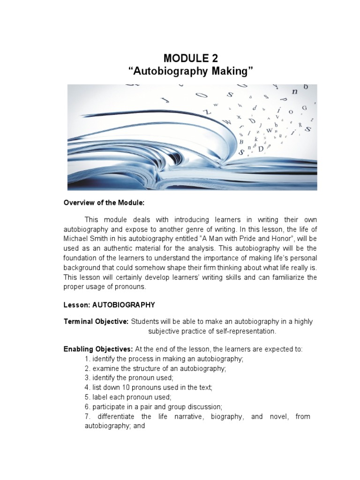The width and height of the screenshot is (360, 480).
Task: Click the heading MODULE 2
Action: tap(191, 58)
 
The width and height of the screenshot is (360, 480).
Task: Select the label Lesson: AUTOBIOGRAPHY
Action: tap(109, 305)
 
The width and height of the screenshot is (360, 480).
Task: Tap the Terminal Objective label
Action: tap(96, 322)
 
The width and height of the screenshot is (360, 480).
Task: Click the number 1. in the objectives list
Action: tap(88, 359)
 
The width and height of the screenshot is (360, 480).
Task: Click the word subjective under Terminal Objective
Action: tap(165, 331)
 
